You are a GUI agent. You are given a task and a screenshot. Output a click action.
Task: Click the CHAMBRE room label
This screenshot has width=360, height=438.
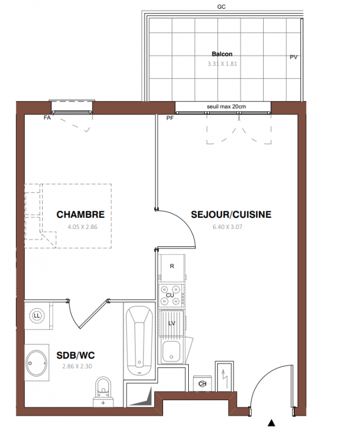click(80, 215)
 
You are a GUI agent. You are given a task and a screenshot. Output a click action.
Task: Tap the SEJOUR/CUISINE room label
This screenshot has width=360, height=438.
click(231, 215)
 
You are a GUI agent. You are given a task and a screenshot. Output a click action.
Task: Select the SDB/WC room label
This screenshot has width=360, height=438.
click(76, 355)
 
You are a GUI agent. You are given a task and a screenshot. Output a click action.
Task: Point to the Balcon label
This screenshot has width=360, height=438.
click(222, 54)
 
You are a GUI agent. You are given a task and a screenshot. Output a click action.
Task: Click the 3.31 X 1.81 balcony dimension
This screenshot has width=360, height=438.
click(222, 64)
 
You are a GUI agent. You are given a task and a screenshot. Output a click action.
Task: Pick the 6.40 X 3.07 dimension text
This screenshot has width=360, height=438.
click(228, 227)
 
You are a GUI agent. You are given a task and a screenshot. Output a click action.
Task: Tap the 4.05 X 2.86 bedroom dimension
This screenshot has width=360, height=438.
click(83, 227)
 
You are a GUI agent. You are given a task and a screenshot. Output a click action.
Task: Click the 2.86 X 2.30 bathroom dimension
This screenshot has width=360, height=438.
click(77, 366)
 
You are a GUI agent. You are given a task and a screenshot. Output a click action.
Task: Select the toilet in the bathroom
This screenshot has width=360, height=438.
click(103, 392)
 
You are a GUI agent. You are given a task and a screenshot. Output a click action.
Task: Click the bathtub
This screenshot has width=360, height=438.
click(140, 341)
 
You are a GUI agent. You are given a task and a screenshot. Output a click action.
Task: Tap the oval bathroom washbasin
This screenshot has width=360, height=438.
click(37, 363)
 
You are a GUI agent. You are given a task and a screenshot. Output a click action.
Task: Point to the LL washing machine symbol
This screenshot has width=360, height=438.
click(37, 316)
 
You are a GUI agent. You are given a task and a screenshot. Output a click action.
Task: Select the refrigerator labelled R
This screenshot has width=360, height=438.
click(172, 268)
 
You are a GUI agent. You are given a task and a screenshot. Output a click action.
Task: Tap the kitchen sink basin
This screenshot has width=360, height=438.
click(171, 351)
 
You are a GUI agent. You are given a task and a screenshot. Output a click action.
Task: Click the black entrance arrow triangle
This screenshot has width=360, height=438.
click(271, 423)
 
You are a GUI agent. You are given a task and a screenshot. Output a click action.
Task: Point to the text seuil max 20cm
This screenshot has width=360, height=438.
click(227, 106)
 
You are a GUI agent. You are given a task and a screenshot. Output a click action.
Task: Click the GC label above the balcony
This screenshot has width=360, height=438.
click(221, 7)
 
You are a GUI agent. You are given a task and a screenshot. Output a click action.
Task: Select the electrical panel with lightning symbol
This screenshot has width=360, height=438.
click(224, 376)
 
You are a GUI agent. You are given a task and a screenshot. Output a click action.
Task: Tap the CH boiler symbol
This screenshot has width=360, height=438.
click(202, 384)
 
